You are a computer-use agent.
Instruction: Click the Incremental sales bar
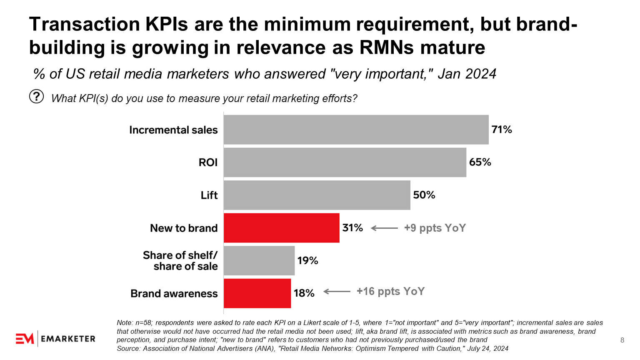356,130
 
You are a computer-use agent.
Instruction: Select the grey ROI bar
345,162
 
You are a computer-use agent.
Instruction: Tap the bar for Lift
317,195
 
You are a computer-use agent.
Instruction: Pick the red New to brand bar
281,228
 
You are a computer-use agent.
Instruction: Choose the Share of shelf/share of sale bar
259,260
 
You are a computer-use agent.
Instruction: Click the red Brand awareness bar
257,293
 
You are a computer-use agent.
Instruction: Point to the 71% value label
502,130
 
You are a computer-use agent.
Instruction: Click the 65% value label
480,162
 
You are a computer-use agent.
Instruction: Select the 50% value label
424,195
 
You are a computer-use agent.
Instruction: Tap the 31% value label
352,228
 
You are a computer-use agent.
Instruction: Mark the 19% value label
307,260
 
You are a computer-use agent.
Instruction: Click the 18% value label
304,293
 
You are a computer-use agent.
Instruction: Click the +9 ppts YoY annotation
435,228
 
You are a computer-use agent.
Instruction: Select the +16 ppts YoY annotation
390,291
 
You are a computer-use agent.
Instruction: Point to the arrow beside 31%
384,228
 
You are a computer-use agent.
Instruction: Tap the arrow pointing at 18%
337,292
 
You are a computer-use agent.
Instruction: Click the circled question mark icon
36,97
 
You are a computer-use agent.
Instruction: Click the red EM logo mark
25,339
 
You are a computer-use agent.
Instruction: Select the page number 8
622,340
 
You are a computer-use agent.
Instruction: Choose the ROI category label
208,162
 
